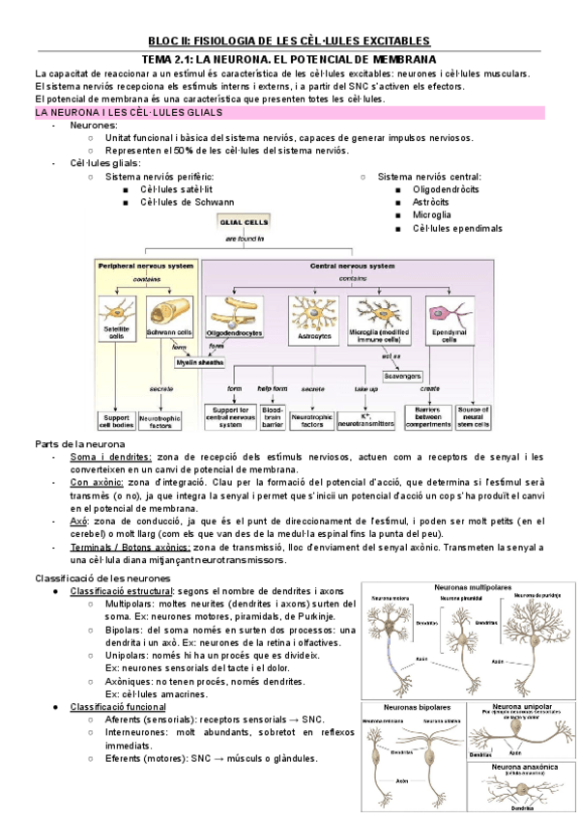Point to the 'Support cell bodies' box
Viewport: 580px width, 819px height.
tap(115, 421)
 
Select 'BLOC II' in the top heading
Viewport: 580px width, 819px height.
tap(169, 41)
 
